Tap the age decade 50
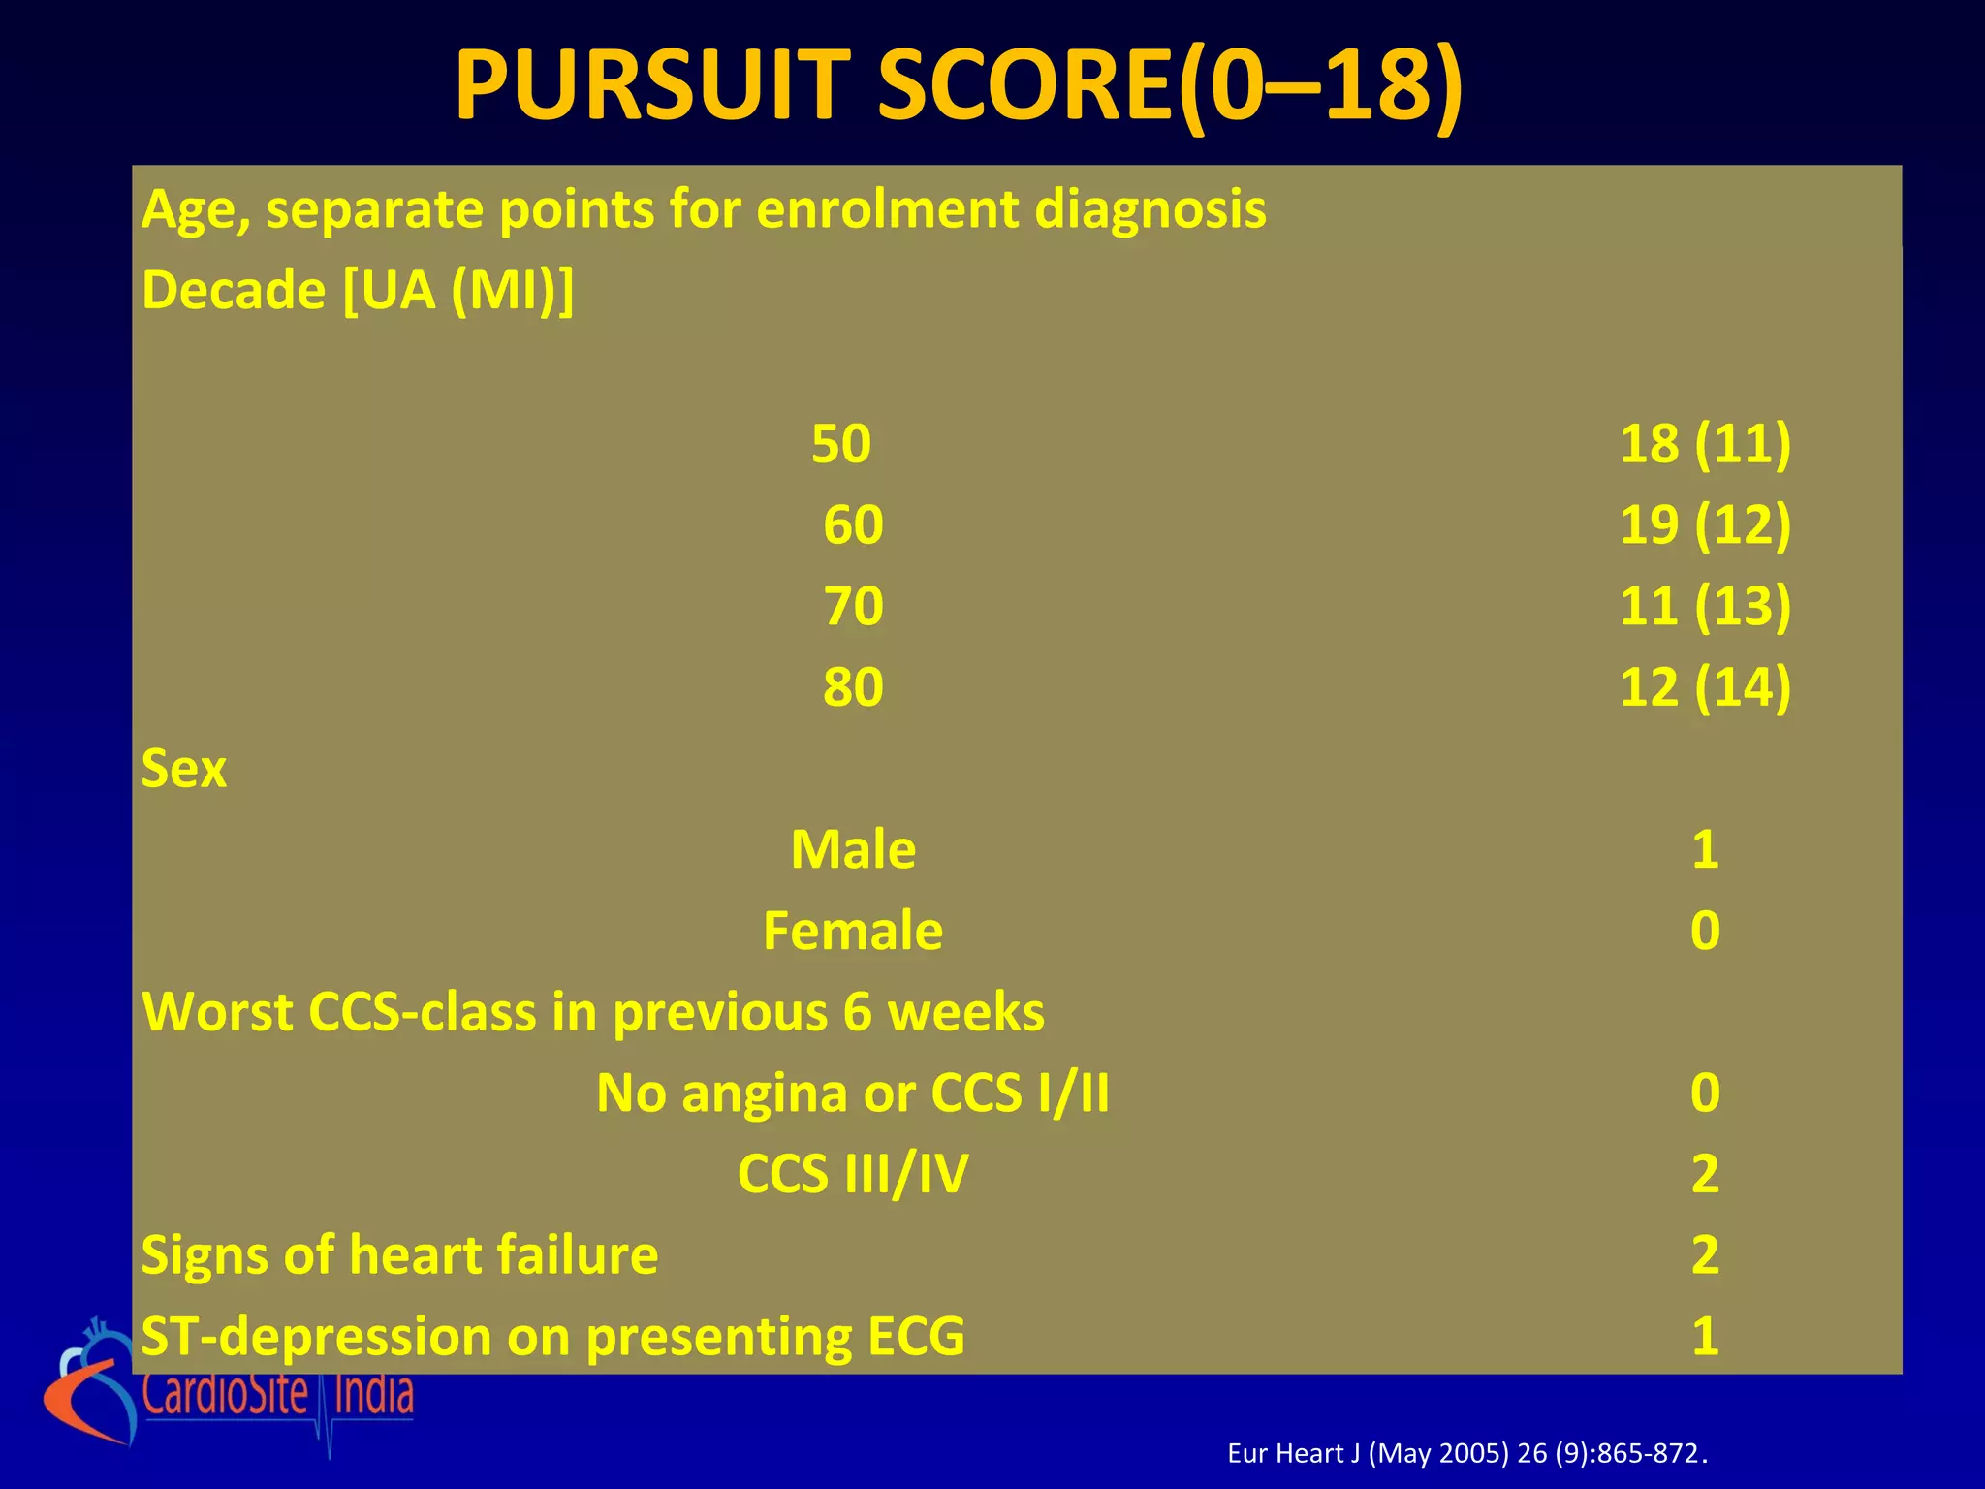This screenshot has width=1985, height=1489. point(841,444)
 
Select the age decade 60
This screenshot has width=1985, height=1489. point(853,525)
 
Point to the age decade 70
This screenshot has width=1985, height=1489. point(853,607)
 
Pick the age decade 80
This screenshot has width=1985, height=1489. point(853,688)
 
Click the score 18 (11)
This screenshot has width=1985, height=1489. point(1705,444)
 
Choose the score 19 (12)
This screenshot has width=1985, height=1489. point(1705,525)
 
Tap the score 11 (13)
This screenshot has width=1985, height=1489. point(1705,607)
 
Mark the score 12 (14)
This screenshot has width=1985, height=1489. point(1705,688)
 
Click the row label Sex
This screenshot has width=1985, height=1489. point(184,770)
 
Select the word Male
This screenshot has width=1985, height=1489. point(853,850)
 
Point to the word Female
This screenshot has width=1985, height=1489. point(853,932)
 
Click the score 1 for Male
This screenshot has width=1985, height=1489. point(1705,850)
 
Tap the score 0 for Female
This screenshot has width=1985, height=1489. point(1705,932)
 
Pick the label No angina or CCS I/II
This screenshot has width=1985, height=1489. point(853,1093)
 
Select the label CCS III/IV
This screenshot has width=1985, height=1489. point(853,1175)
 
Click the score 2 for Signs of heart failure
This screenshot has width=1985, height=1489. point(1705,1255)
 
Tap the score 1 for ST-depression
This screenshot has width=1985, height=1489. point(1705,1337)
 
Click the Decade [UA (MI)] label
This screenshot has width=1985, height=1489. point(358,291)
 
